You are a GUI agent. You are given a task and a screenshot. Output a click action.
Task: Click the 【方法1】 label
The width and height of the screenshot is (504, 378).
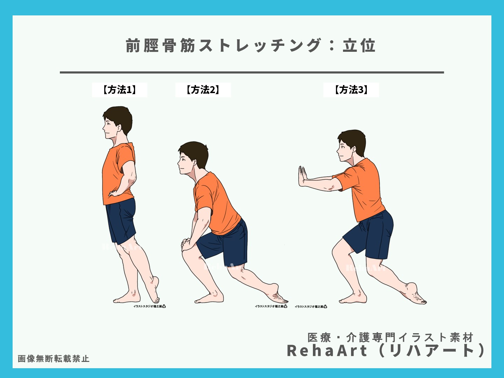[120, 90]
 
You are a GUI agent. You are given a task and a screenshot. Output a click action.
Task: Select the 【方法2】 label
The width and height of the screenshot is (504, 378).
[203, 90]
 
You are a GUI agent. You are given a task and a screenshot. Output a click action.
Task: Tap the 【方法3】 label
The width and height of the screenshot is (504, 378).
[351, 90]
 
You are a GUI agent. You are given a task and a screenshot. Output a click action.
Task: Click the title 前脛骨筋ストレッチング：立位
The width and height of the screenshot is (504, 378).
[251, 46]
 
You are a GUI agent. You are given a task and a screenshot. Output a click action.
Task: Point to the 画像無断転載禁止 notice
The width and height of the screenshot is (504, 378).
[54, 359]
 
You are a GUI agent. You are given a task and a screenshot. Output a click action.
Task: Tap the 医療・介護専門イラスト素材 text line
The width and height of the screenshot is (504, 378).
[390, 337]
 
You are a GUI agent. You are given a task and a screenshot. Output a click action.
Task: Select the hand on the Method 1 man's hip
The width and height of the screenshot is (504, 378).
[114, 192]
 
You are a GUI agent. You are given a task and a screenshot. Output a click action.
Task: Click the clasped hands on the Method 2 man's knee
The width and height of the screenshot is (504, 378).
[187, 243]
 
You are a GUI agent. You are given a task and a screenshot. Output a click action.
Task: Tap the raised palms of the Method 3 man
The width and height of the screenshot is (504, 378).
[302, 176]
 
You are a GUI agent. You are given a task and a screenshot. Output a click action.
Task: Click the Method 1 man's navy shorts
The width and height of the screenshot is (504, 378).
[121, 220]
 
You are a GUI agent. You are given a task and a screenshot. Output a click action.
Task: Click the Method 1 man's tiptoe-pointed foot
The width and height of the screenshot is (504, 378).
[154, 290]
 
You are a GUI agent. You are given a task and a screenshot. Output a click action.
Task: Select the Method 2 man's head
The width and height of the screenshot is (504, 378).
[193, 157]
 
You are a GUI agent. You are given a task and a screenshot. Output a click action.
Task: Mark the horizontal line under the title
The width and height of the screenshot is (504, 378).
[252, 72]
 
